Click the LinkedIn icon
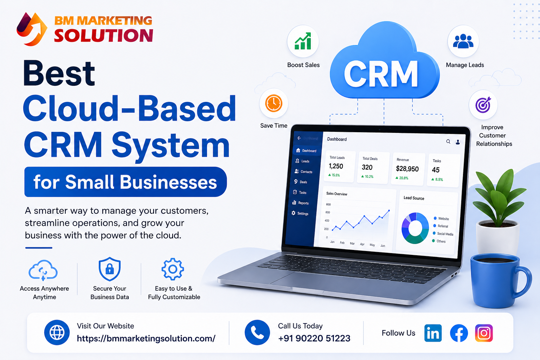[x=433, y=333]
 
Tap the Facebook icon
[x=459, y=333]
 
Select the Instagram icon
[x=484, y=333]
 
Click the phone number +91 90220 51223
[x=314, y=338]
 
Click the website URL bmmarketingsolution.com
[x=146, y=338]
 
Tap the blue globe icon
[x=57, y=333]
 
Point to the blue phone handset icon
[x=257, y=333]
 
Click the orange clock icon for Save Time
[x=274, y=103]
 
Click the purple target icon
[x=483, y=105]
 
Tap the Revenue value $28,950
[x=407, y=169]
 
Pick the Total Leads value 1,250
[x=336, y=166]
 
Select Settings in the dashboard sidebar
[x=302, y=213]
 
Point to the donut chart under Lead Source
[x=415, y=228]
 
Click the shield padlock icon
[x=110, y=269]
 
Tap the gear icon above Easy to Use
[x=172, y=269]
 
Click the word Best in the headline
[x=59, y=73]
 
